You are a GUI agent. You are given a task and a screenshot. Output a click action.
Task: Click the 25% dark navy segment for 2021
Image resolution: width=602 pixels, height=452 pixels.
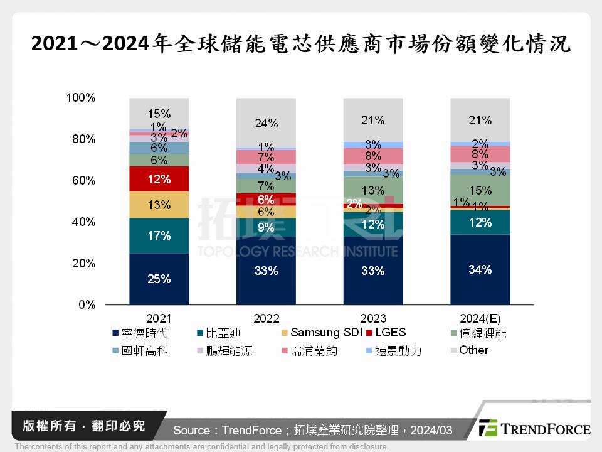(159, 279)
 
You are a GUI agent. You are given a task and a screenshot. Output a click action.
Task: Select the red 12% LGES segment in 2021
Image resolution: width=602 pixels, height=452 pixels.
(159, 179)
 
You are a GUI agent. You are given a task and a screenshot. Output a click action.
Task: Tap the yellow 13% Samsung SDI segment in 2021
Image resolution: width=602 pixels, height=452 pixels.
(159, 205)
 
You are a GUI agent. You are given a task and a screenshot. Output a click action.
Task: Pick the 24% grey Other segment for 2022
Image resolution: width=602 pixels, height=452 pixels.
(266, 123)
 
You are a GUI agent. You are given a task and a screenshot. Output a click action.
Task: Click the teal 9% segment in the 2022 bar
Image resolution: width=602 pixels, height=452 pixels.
(266, 227)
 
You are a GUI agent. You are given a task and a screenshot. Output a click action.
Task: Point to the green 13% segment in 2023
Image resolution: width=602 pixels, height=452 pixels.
(373, 190)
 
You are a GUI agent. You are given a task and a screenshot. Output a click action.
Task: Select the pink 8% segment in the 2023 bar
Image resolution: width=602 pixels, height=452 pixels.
(373, 156)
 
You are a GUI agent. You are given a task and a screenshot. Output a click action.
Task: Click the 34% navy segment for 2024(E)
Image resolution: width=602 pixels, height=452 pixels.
(480, 269)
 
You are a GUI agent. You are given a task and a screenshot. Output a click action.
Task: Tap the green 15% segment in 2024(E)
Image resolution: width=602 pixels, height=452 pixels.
(480, 190)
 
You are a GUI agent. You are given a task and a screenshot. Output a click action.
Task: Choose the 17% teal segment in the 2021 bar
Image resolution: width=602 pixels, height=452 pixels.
(159, 235)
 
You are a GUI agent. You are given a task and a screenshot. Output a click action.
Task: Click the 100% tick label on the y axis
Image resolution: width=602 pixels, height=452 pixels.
(80, 98)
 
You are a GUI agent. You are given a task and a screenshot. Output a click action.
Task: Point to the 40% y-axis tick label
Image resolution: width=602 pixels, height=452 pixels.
(83, 222)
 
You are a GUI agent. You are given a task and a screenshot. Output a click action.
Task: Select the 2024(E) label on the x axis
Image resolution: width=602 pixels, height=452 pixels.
(480, 318)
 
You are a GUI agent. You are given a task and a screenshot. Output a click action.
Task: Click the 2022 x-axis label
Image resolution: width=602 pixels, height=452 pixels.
(266, 318)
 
